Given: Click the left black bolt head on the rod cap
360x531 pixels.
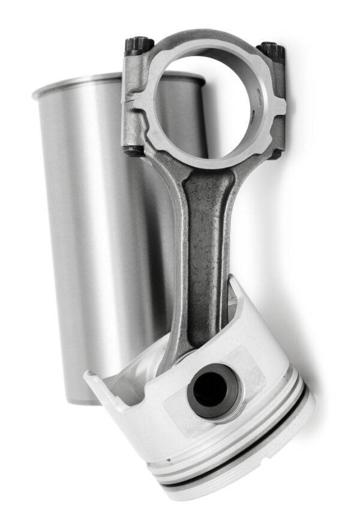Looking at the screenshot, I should point(139,45).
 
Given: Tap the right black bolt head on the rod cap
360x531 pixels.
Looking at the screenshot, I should point(273,50).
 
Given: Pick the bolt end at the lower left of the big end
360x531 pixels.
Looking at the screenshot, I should point(133,149).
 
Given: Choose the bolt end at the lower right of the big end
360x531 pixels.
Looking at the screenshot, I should point(276,153).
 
